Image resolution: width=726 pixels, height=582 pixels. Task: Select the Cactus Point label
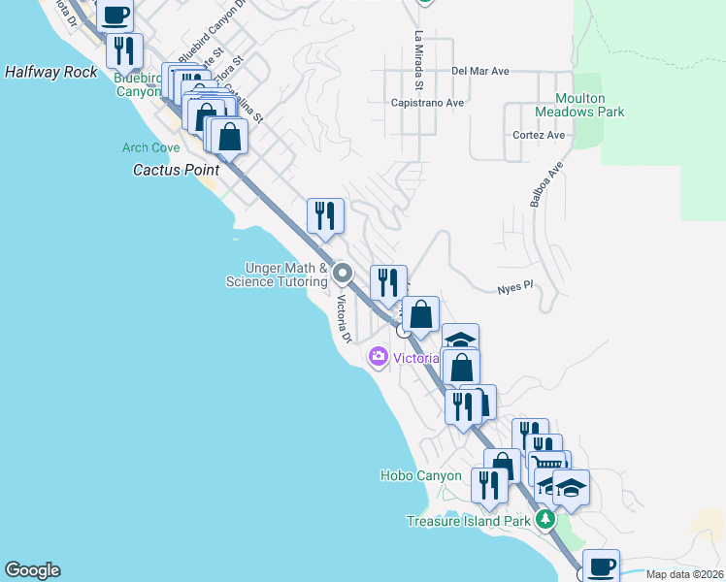click(176, 169)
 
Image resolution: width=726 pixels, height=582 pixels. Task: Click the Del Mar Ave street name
click(479, 72)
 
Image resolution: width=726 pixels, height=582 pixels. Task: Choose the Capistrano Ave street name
click(427, 102)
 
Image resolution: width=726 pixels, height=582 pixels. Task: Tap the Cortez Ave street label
click(539, 135)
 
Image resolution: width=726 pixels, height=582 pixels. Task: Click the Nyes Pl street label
click(515, 287)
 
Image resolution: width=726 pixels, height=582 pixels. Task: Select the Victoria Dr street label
click(343, 319)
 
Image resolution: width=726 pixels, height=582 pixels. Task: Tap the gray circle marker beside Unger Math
click(342, 274)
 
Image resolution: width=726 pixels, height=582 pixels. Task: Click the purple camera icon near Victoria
click(378, 358)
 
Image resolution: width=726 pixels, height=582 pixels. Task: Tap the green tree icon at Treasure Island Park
click(546, 521)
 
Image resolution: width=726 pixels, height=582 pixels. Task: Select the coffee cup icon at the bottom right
click(601, 565)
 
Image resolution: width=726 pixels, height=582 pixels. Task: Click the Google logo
click(32, 570)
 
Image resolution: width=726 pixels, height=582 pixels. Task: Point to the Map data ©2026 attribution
click(683, 574)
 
